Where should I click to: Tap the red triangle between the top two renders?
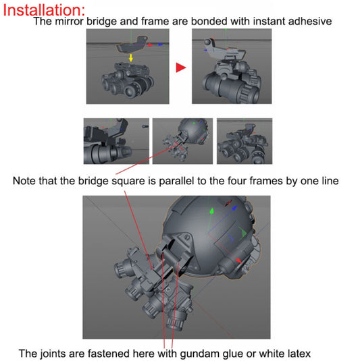click(180, 67)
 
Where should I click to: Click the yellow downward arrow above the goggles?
click(131, 59)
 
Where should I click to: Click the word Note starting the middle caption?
click(26, 182)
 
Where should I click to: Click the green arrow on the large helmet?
click(212, 211)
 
